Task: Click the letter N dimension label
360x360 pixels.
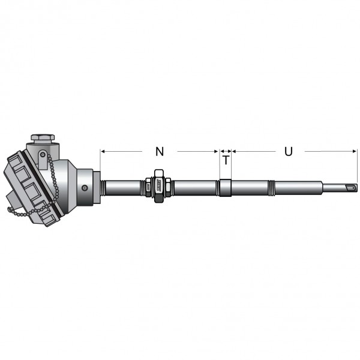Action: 160,152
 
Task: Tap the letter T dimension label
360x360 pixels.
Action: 226,160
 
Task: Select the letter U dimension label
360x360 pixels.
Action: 289,152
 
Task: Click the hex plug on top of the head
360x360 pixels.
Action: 43,138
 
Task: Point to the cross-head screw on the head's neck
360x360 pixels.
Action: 85,188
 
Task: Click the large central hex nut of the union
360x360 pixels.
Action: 159,186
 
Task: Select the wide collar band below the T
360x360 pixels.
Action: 225,188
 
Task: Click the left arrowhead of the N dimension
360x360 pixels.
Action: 103,151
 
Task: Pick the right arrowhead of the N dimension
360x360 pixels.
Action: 216,151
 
